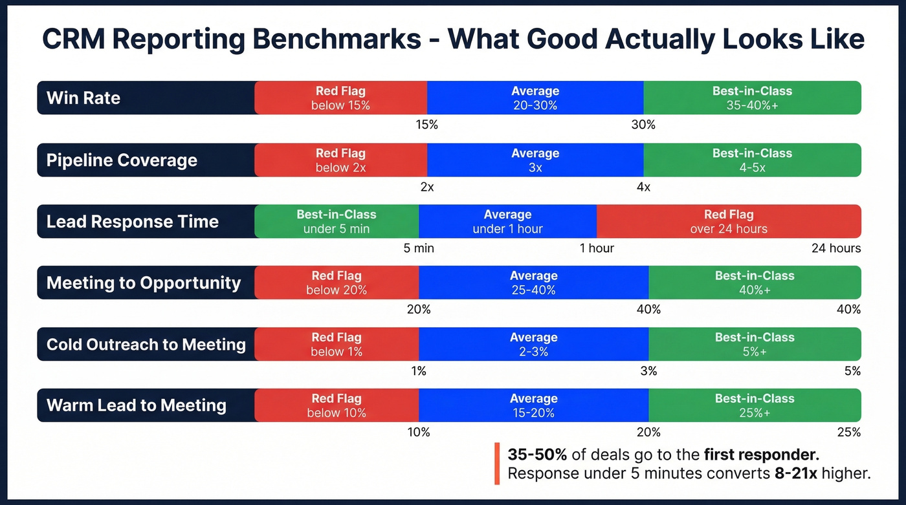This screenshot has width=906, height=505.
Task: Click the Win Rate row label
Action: [x=83, y=98]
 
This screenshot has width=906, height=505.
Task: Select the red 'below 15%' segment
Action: [x=340, y=98]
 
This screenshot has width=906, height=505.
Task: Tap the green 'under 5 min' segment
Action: [x=336, y=222]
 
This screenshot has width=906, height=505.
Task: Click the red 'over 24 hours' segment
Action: [x=729, y=222]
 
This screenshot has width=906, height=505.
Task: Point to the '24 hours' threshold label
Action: [x=836, y=248]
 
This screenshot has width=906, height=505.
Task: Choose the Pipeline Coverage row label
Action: [x=122, y=160]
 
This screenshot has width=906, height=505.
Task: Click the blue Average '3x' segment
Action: [x=535, y=160]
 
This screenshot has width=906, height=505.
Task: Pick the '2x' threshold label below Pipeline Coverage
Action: [x=427, y=187]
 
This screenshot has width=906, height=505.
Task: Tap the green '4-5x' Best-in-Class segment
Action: [x=752, y=160]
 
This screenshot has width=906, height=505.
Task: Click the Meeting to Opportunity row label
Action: [x=144, y=283]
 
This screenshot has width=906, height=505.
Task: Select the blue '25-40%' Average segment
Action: [x=533, y=283]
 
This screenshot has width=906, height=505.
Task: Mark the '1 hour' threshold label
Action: [x=597, y=248]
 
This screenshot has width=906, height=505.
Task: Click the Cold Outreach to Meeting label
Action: [x=146, y=345]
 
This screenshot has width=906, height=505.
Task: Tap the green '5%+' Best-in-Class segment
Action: [x=755, y=345]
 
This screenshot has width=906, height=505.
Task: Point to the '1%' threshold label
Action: [x=419, y=371]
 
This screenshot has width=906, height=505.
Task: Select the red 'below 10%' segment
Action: [x=336, y=406]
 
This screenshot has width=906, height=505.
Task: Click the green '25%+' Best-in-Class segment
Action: [x=755, y=406]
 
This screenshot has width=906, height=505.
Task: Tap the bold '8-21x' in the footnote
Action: [x=795, y=473]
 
